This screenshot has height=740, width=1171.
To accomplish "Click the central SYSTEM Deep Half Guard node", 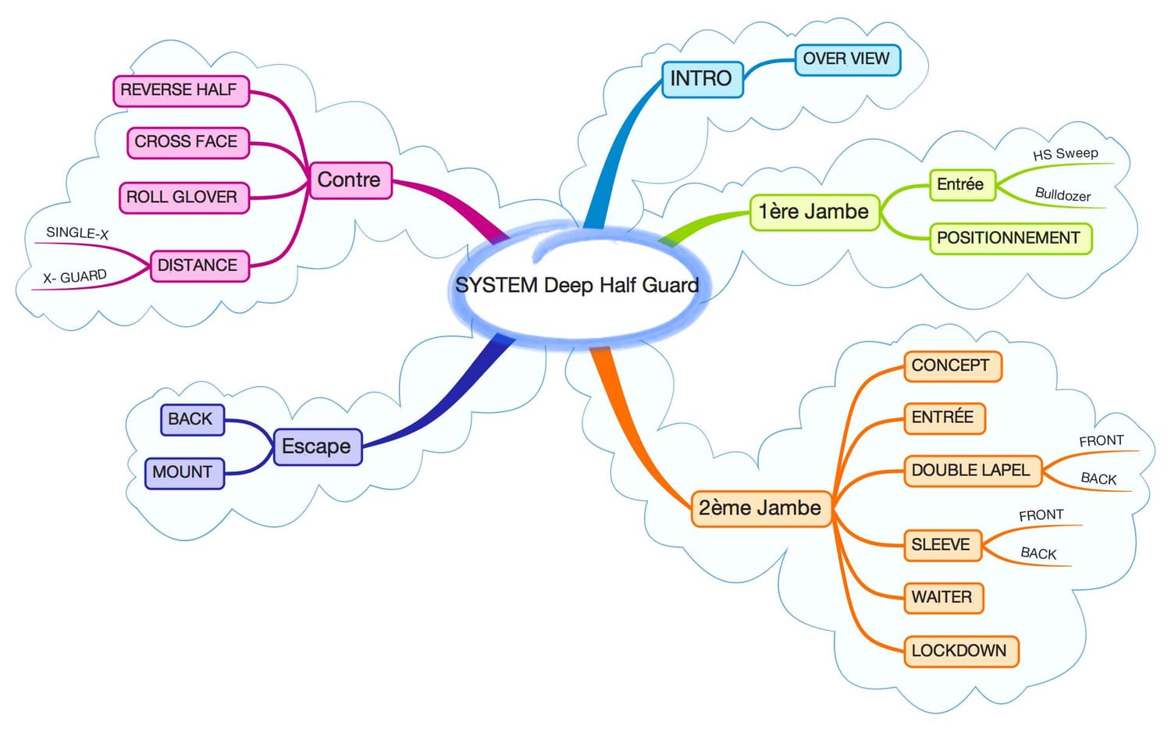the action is pos(578,285).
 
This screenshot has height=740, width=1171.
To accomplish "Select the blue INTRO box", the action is pos(702,79).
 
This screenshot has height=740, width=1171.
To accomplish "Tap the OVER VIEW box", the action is pos(847,59).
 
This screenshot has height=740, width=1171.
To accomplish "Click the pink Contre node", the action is pos(351,180).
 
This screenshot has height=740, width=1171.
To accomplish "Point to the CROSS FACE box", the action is pos(188,143).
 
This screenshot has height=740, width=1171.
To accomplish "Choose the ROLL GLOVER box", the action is pos(184,197).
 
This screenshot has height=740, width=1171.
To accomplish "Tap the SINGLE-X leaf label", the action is pos(77,233).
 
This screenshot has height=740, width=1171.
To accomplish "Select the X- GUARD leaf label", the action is pos(75,276).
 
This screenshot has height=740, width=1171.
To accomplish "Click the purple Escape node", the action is pos(318,446).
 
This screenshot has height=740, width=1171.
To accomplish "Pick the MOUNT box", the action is pos(184,474).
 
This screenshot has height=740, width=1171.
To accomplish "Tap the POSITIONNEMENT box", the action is pos(1010,239).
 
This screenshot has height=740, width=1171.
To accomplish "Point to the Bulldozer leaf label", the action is pos(1062,194).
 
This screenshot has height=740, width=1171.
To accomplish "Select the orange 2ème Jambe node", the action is pos(761,508).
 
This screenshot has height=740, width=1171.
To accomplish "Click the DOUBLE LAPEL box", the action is pos(973,471).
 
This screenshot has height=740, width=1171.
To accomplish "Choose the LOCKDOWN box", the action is pos(961,651).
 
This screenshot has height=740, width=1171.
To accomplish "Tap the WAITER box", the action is pos(944,597).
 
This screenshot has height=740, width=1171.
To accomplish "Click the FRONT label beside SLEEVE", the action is pos(1041,515).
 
